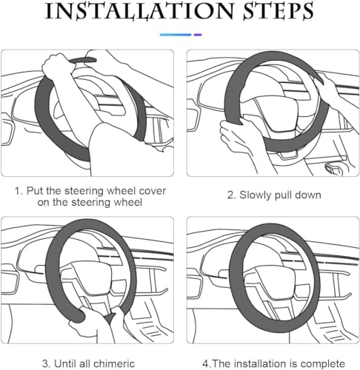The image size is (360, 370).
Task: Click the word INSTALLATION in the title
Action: click(x=139, y=11)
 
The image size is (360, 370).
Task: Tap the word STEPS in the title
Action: click(x=279, y=11)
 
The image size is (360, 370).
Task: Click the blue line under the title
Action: click(x=176, y=35)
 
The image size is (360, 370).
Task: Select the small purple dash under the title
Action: click(x=198, y=35)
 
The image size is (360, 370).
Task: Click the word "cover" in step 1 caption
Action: click(x=152, y=191)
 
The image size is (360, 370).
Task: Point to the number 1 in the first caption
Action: click(x=18, y=191)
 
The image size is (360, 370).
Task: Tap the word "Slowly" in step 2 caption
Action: click(x=256, y=195)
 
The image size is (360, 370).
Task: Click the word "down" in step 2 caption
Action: click(x=308, y=195)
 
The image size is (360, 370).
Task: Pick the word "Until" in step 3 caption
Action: click(x=65, y=364)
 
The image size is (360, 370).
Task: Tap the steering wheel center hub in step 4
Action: click(x=276, y=280)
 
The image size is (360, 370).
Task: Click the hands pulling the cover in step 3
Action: click(x=99, y=320)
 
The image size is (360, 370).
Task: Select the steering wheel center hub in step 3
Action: click(x=92, y=276)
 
